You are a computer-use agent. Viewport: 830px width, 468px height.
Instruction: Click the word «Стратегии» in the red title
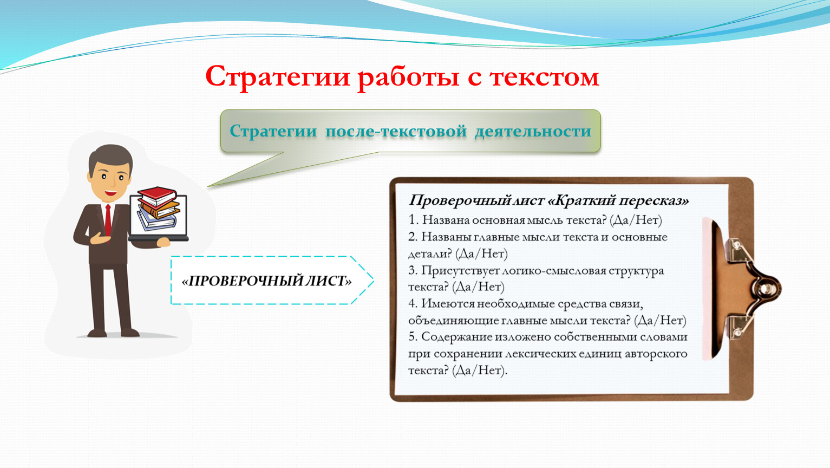[x=278, y=77]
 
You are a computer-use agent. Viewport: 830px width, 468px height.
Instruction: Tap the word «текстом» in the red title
[x=544, y=77]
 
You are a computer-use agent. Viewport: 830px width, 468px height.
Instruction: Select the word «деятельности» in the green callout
[x=533, y=131]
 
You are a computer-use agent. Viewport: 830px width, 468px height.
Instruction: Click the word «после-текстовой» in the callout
[x=396, y=131]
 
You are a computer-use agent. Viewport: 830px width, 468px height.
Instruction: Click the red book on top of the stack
[x=156, y=196]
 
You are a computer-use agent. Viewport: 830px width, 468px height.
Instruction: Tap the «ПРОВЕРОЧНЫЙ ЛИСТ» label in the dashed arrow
[x=266, y=281]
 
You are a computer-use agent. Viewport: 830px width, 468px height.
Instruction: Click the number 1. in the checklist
[x=413, y=220]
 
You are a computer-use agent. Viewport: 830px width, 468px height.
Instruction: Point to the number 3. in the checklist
[x=413, y=270]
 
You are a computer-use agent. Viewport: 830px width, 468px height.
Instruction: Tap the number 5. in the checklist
[x=413, y=337]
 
